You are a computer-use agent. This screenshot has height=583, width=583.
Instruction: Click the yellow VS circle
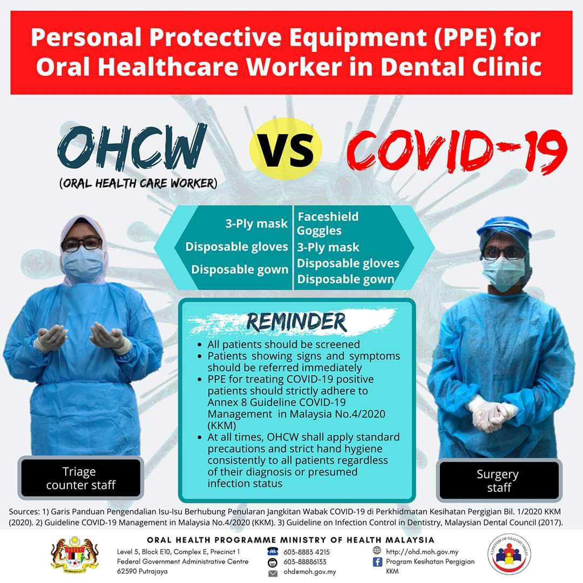click(286, 149)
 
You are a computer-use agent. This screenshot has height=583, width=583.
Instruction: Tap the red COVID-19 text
click(457, 151)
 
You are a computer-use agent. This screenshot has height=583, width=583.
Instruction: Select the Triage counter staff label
click(80, 478)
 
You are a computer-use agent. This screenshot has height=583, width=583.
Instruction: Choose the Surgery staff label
click(499, 480)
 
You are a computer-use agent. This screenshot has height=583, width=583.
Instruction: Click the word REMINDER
click(296, 322)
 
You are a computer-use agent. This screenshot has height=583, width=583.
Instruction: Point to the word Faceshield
click(328, 216)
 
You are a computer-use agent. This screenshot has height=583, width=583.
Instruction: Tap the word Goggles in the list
click(319, 231)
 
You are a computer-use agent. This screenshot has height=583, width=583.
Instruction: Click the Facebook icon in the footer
click(377, 562)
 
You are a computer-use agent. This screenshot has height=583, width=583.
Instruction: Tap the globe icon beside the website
click(377, 551)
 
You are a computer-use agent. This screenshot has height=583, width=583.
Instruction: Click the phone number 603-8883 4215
click(307, 552)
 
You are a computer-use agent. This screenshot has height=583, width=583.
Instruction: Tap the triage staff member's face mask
click(83, 264)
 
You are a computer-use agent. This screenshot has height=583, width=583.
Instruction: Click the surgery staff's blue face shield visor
click(503, 232)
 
